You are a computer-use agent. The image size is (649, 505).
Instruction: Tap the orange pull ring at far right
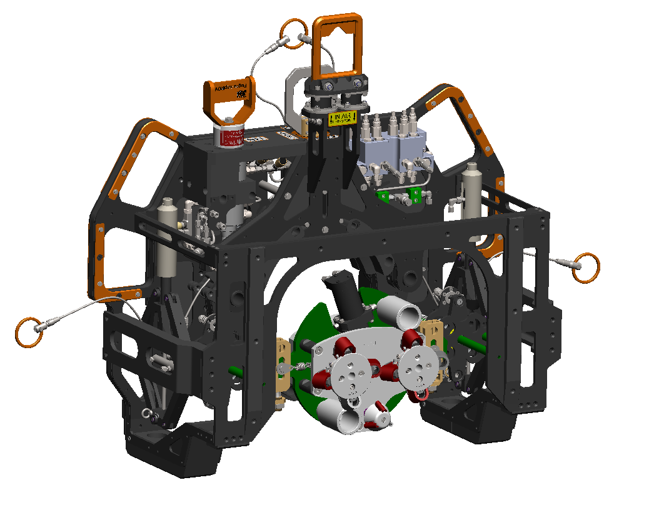point(587,266)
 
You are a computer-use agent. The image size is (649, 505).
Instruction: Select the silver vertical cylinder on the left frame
point(167,237)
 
